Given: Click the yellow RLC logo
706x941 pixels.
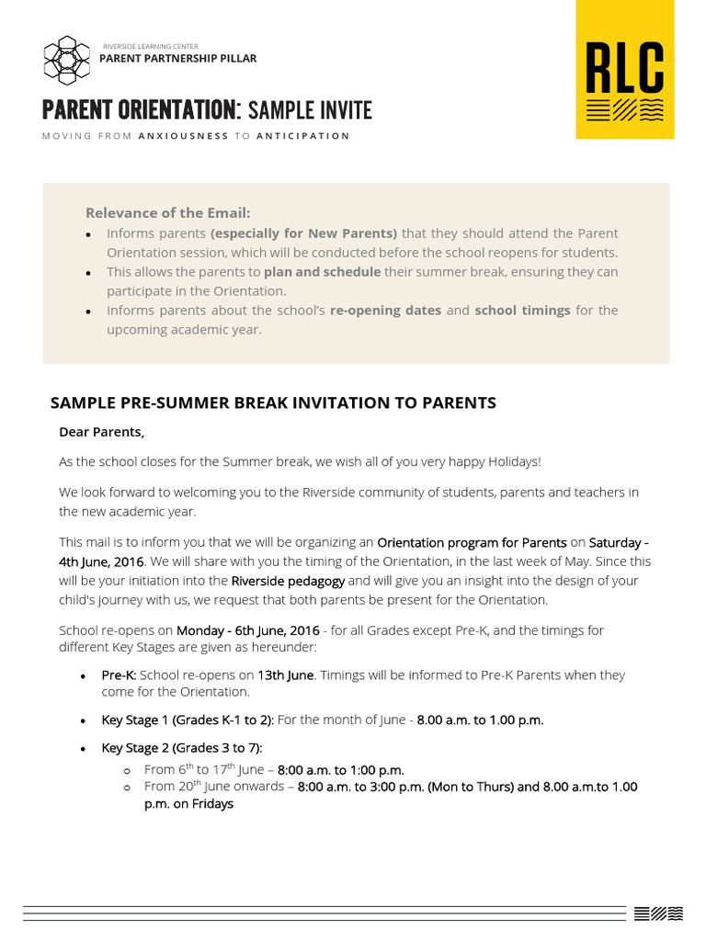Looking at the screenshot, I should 625,70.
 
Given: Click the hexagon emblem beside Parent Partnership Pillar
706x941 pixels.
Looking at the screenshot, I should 67,59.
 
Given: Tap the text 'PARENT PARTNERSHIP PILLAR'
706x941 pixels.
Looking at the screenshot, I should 177,59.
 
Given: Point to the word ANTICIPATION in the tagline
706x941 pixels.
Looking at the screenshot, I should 302,136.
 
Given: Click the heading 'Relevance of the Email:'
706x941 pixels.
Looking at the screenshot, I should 167,213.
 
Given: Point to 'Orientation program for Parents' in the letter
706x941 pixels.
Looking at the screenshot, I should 472,542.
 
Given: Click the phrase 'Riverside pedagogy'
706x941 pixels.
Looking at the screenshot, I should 288,581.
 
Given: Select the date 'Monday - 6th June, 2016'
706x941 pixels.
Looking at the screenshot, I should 248,630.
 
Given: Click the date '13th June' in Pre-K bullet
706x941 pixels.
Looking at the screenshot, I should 285,675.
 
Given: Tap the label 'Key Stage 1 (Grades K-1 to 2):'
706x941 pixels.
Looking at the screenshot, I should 188,720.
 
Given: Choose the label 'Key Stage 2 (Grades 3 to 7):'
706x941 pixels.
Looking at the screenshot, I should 182,748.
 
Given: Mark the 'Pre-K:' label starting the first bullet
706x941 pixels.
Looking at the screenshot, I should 119,675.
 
